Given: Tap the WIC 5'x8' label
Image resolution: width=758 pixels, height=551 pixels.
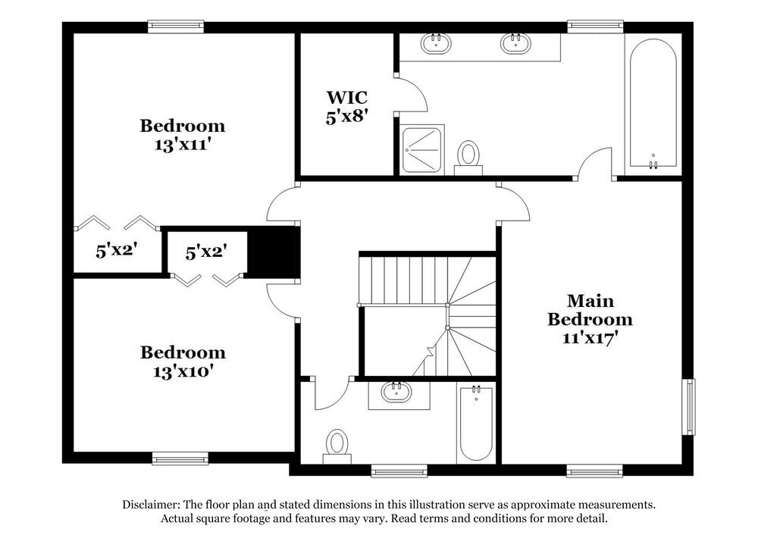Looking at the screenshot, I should tap(346, 107).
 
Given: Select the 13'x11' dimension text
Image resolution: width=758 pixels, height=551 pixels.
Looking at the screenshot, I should tap(182, 144).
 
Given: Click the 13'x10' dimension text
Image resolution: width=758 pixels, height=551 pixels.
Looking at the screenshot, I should tap(182, 371).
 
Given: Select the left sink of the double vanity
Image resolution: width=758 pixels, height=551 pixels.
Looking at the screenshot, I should tap(436, 43).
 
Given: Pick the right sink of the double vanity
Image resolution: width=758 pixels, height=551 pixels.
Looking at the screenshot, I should tap(515, 43).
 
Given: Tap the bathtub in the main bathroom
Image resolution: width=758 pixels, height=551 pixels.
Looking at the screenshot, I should tap(652, 102).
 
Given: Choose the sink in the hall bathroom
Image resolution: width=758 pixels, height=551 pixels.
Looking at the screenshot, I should tap(396, 393).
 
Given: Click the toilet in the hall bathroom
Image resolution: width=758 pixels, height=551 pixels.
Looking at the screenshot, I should tap(336, 445).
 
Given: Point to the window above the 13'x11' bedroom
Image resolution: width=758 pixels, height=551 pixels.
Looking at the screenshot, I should tap(176, 26).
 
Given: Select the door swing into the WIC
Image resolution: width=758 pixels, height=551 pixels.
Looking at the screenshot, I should tap(413, 93).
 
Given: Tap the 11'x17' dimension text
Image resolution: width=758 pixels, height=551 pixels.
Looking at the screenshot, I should tap(589, 338).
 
